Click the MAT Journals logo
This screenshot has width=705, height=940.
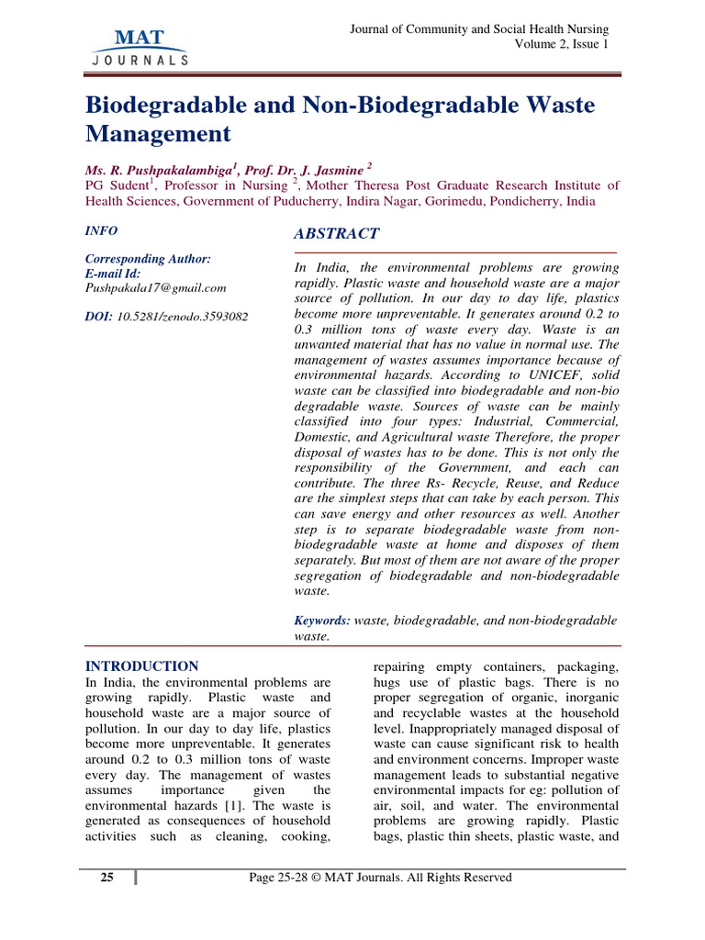[x=140, y=47]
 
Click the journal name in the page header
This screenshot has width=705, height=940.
[x=479, y=29]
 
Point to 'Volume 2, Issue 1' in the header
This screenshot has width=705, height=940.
[x=561, y=44]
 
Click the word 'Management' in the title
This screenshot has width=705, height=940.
[x=158, y=134]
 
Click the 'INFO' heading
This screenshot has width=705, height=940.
[x=101, y=231]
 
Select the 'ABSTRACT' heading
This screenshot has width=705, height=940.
[x=336, y=234]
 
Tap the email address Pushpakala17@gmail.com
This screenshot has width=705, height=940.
[x=155, y=287]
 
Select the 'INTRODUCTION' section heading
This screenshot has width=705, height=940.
[x=141, y=666]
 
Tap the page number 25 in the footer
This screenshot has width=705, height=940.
[x=106, y=878]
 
